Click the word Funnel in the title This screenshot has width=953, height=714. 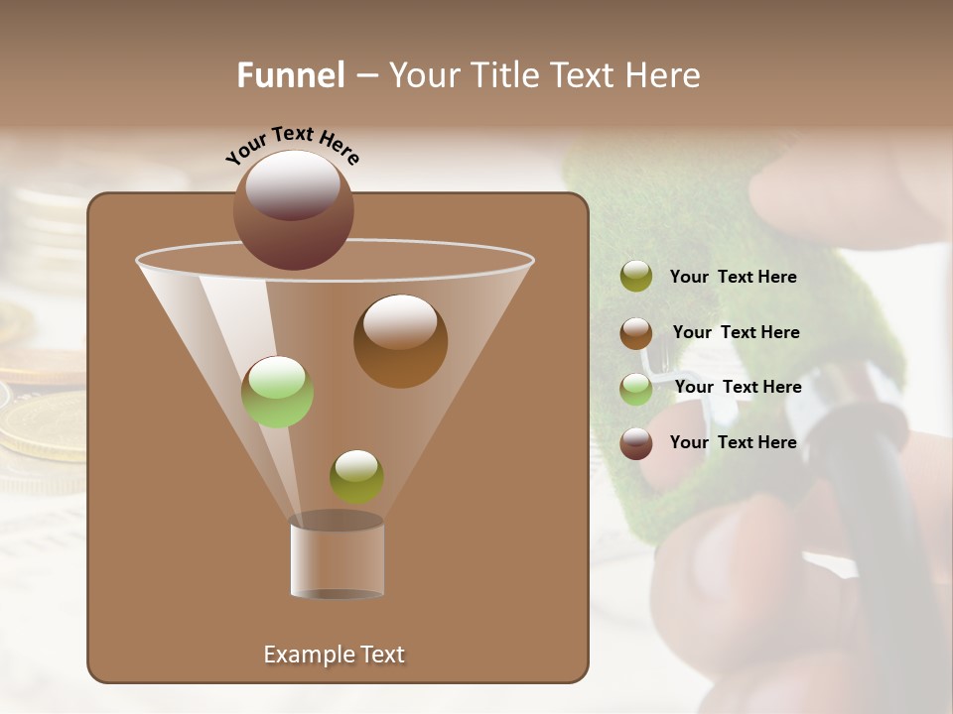click(x=290, y=75)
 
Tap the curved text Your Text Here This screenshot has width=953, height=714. click(x=292, y=144)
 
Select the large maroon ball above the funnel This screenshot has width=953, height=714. click(x=293, y=210)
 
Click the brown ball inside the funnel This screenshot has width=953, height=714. click(x=400, y=341)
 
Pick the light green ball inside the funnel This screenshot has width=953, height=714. click(x=277, y=392)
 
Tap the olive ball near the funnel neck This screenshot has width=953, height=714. click(x=356, y=476)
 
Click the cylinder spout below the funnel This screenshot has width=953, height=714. click(x=337, y=557)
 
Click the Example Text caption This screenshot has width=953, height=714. click(x=334, y=654)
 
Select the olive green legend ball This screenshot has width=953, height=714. click(x=636, y=277)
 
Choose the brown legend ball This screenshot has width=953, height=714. click(x=636, y=332)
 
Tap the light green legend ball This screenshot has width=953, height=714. click(x=636, y=388)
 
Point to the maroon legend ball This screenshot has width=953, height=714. click(x=636, y=443)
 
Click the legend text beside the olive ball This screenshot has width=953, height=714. click(x=733, y=277)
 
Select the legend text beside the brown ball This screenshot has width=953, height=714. click(x=736, y=332)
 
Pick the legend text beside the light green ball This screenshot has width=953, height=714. click(x=738, y=387)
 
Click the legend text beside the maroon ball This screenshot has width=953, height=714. click(x=733, y=442)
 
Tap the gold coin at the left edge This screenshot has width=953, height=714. click(x=40, y=426)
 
